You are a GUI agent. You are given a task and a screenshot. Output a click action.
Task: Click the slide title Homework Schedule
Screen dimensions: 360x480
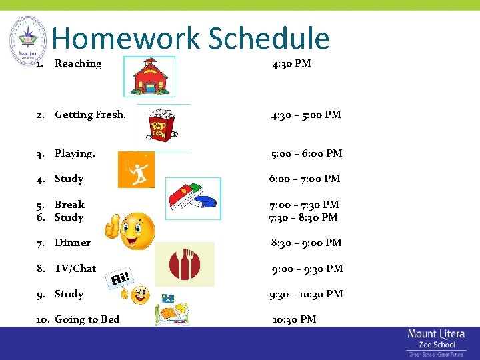click(x=191, y=39)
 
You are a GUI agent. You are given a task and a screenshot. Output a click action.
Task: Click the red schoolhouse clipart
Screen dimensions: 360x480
click(x=150, y=77)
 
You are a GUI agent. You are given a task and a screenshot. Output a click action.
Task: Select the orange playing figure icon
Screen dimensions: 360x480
click(x=136, y=169)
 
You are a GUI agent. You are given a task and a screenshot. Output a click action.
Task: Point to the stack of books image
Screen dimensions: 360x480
click(x=193, y=198)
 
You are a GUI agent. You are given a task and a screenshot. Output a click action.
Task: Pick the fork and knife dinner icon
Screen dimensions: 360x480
click(x=185, y=264)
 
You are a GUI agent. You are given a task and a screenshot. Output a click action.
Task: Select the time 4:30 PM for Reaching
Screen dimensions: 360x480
click(x=291, y=64)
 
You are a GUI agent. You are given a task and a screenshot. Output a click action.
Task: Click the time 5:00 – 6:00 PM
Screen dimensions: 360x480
click(x=306, y=153)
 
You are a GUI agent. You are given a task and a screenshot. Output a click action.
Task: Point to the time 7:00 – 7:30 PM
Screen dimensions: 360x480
click(x=303, y=205)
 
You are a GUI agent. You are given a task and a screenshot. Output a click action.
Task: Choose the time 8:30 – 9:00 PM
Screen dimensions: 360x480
click(x=306, y=243)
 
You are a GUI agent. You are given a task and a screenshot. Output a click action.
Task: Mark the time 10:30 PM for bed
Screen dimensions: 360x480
click(x=294, y=319)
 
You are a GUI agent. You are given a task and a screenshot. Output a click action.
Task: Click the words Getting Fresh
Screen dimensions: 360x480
click(x=89, y=115)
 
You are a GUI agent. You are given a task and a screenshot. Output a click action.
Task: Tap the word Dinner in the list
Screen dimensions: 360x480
click(x=72, y=243)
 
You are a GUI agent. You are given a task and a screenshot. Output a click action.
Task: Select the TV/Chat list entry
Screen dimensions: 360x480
click(x=75, y=269)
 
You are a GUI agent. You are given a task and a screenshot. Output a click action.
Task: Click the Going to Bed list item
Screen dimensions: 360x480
click(x=87, y=319)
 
